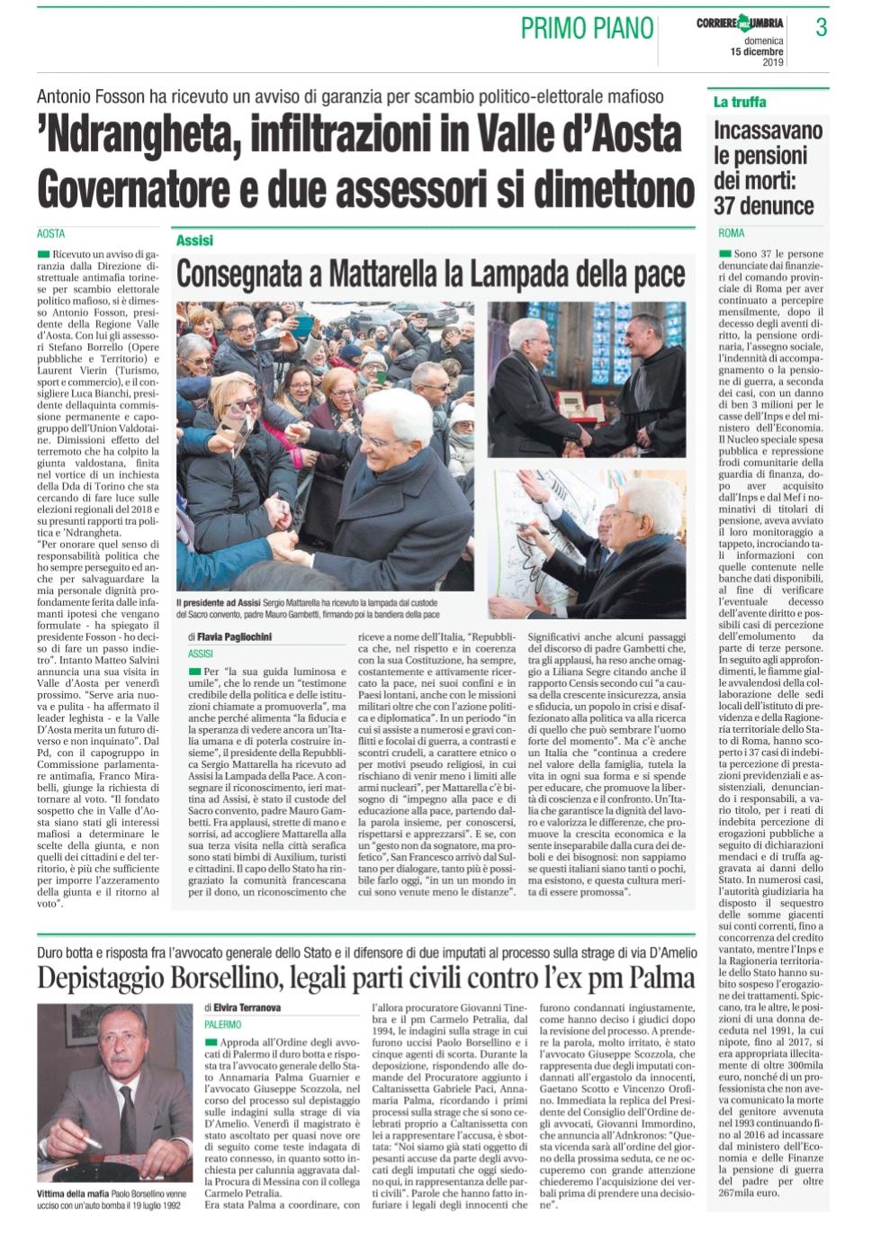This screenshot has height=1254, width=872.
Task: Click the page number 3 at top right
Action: (821, 28)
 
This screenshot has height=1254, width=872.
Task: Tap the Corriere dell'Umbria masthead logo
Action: (739, 23)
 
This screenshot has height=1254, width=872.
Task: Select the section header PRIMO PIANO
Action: (587, 29)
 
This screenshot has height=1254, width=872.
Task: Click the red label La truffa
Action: (740, 102)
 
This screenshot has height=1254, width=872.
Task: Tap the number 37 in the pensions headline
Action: (726, 205)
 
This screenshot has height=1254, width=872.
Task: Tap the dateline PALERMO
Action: (222, 1024)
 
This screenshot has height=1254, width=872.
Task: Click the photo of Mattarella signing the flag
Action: (588, 542)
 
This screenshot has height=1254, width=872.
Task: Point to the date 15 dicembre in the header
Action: (756, 51)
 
